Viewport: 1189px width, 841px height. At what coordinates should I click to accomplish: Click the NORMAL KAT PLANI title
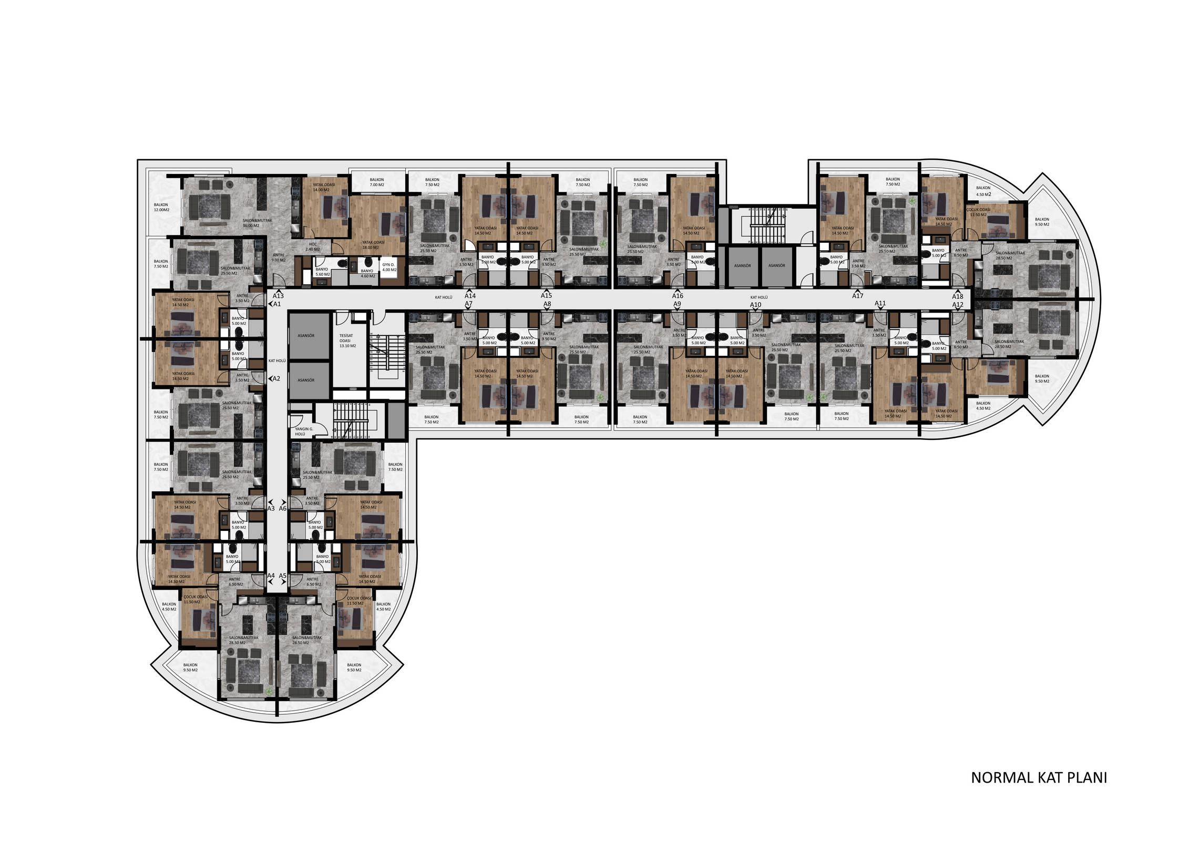(1039, 778)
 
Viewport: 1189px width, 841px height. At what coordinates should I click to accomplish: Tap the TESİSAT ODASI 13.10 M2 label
(346, 341)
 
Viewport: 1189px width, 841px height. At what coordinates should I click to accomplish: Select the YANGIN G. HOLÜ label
(303, 432)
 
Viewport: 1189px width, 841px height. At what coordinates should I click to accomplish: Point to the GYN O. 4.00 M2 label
(389, 267)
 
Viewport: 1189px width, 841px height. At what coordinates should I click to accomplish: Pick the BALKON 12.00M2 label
(161, 207)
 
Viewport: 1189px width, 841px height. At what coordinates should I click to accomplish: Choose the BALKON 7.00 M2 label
(376, 182)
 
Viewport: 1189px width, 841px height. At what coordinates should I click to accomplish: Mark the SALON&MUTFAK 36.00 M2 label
(257, 223)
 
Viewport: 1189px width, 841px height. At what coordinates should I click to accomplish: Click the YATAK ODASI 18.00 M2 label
(373, 245)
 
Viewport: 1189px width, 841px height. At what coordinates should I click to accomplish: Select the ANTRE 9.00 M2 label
(278, 258)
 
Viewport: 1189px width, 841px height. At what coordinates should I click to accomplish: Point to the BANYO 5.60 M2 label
(322, 272)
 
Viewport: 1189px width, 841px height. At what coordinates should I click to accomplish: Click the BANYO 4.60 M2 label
(367, 273)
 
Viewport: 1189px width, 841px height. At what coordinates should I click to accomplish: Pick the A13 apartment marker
(278, 296)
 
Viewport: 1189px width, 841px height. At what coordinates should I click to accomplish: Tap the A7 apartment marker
(468, 304)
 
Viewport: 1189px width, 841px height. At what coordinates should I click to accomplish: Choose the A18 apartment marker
(957, 296)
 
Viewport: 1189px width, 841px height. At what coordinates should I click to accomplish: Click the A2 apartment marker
(276, 378)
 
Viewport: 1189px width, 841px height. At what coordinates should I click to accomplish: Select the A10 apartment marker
(755, 305)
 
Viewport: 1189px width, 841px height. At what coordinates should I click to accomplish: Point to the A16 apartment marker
(678, 296)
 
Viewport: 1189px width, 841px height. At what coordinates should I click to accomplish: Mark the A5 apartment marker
(283, 576)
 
